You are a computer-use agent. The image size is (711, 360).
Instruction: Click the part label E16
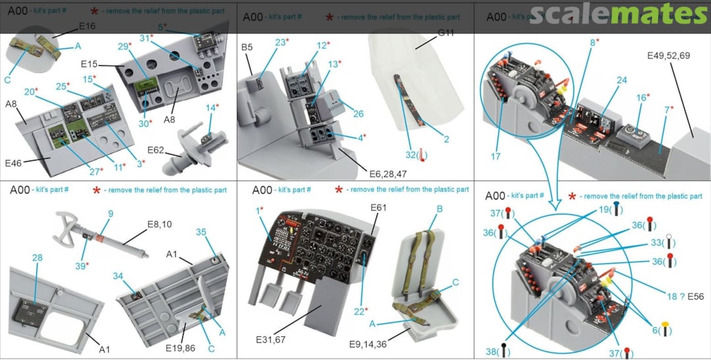point(87,26)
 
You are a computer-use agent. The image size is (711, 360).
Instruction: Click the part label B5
point(247,47)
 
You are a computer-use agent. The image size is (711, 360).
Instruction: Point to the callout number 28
point(37,257)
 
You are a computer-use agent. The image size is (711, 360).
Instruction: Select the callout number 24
point(603,80)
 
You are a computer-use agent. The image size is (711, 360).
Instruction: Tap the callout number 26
point(358,114)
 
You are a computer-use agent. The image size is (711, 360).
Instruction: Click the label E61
point(378,208)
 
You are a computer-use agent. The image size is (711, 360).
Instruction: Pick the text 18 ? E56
point(685,296)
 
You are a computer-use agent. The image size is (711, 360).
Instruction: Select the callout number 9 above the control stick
point(111,214)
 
